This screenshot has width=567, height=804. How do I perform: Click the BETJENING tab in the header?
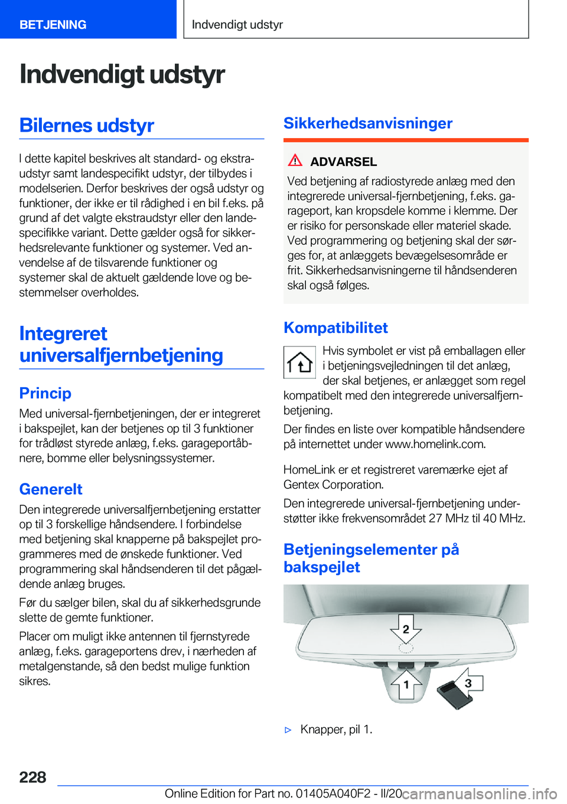click(x=53, y=25)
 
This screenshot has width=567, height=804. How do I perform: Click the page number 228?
click(x=32, y=777)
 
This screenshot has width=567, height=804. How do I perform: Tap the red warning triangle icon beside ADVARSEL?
click(x=295, y=161)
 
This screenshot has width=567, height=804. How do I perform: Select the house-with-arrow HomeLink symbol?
click(x=300, y=362)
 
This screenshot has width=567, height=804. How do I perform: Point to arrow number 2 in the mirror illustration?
click(x=406, y=629)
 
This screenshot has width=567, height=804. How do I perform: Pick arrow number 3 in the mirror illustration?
click(x=468, y=683)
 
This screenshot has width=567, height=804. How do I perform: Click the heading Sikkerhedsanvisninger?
click(x=368, y=123)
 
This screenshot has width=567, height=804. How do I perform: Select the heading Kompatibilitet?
click(x=335, y=328)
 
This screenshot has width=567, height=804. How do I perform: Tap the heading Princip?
click(x=45, y=393)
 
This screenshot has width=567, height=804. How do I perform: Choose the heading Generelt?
click(x=51, y=489)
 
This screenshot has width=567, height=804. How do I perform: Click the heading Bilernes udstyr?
click(x=87, y=125)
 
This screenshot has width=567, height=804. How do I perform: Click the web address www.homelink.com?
click(x=435, y=444)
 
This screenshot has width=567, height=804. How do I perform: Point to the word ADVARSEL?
click(x=344, y=162)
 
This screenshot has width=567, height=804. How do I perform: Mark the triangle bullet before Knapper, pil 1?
click(x=288, y=730)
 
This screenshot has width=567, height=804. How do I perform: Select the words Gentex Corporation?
click(x=333, y=485)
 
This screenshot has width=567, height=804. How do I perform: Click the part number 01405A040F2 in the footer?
click(x=334, y=793)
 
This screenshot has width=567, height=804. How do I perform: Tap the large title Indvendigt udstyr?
click(x=122, y=74)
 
